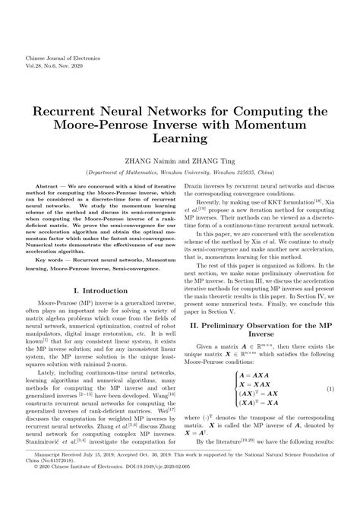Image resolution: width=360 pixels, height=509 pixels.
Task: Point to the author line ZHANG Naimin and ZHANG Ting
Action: [179, 161]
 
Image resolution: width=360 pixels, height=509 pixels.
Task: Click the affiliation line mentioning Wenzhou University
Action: [180, 172]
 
